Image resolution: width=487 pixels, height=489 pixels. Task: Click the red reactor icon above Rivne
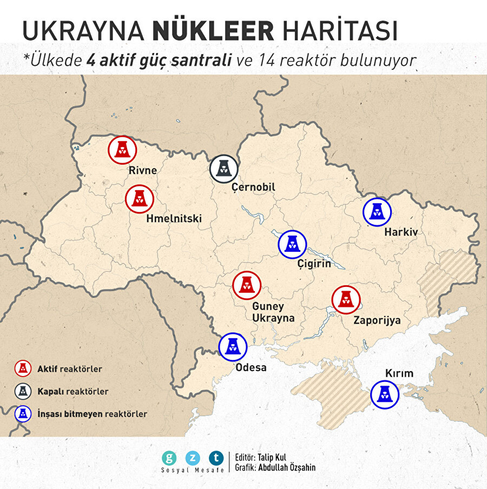pyautogui.click(x=122, y=150)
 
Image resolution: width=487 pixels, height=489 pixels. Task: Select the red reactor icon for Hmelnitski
pyautogui.click(x=140, y=199)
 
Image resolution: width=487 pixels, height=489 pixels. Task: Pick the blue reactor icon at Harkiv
pyautogui.click(x=377, y=212)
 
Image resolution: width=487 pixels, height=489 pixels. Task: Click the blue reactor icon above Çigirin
pyautogui.click(x=292, y=244)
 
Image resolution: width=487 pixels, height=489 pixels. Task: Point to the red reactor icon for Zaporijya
pyautogui.click(x=346, y=300)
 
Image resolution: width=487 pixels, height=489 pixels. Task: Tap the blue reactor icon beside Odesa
pyautogui.click(x=233, y=346)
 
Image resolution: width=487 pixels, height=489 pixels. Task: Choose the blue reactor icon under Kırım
pyautogui.click(x=385, y=395)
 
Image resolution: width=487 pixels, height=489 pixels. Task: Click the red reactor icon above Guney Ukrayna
pyautogui.click(x=247, y=286)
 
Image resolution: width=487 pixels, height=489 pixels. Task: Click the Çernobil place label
pyautogui.click(x=253, y=187)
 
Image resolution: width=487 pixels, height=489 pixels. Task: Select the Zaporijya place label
pyautogui.click(x=377, y=320)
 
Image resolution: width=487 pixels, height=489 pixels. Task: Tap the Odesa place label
pyautogui.click(x=251, y=367)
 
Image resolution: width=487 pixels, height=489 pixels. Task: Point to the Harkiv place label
pyautogui.click(x=400, y=232)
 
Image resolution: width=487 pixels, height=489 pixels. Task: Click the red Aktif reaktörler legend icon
pyautogui.click(x=22, y=369)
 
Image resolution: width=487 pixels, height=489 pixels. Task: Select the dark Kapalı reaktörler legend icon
pyautogui.click(x=22, y=391)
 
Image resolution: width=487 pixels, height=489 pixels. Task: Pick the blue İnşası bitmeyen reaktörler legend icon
pyautogui.click(x=22, y=414)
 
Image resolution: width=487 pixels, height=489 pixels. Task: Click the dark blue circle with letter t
pyautogui.click(x=216, y=458)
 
